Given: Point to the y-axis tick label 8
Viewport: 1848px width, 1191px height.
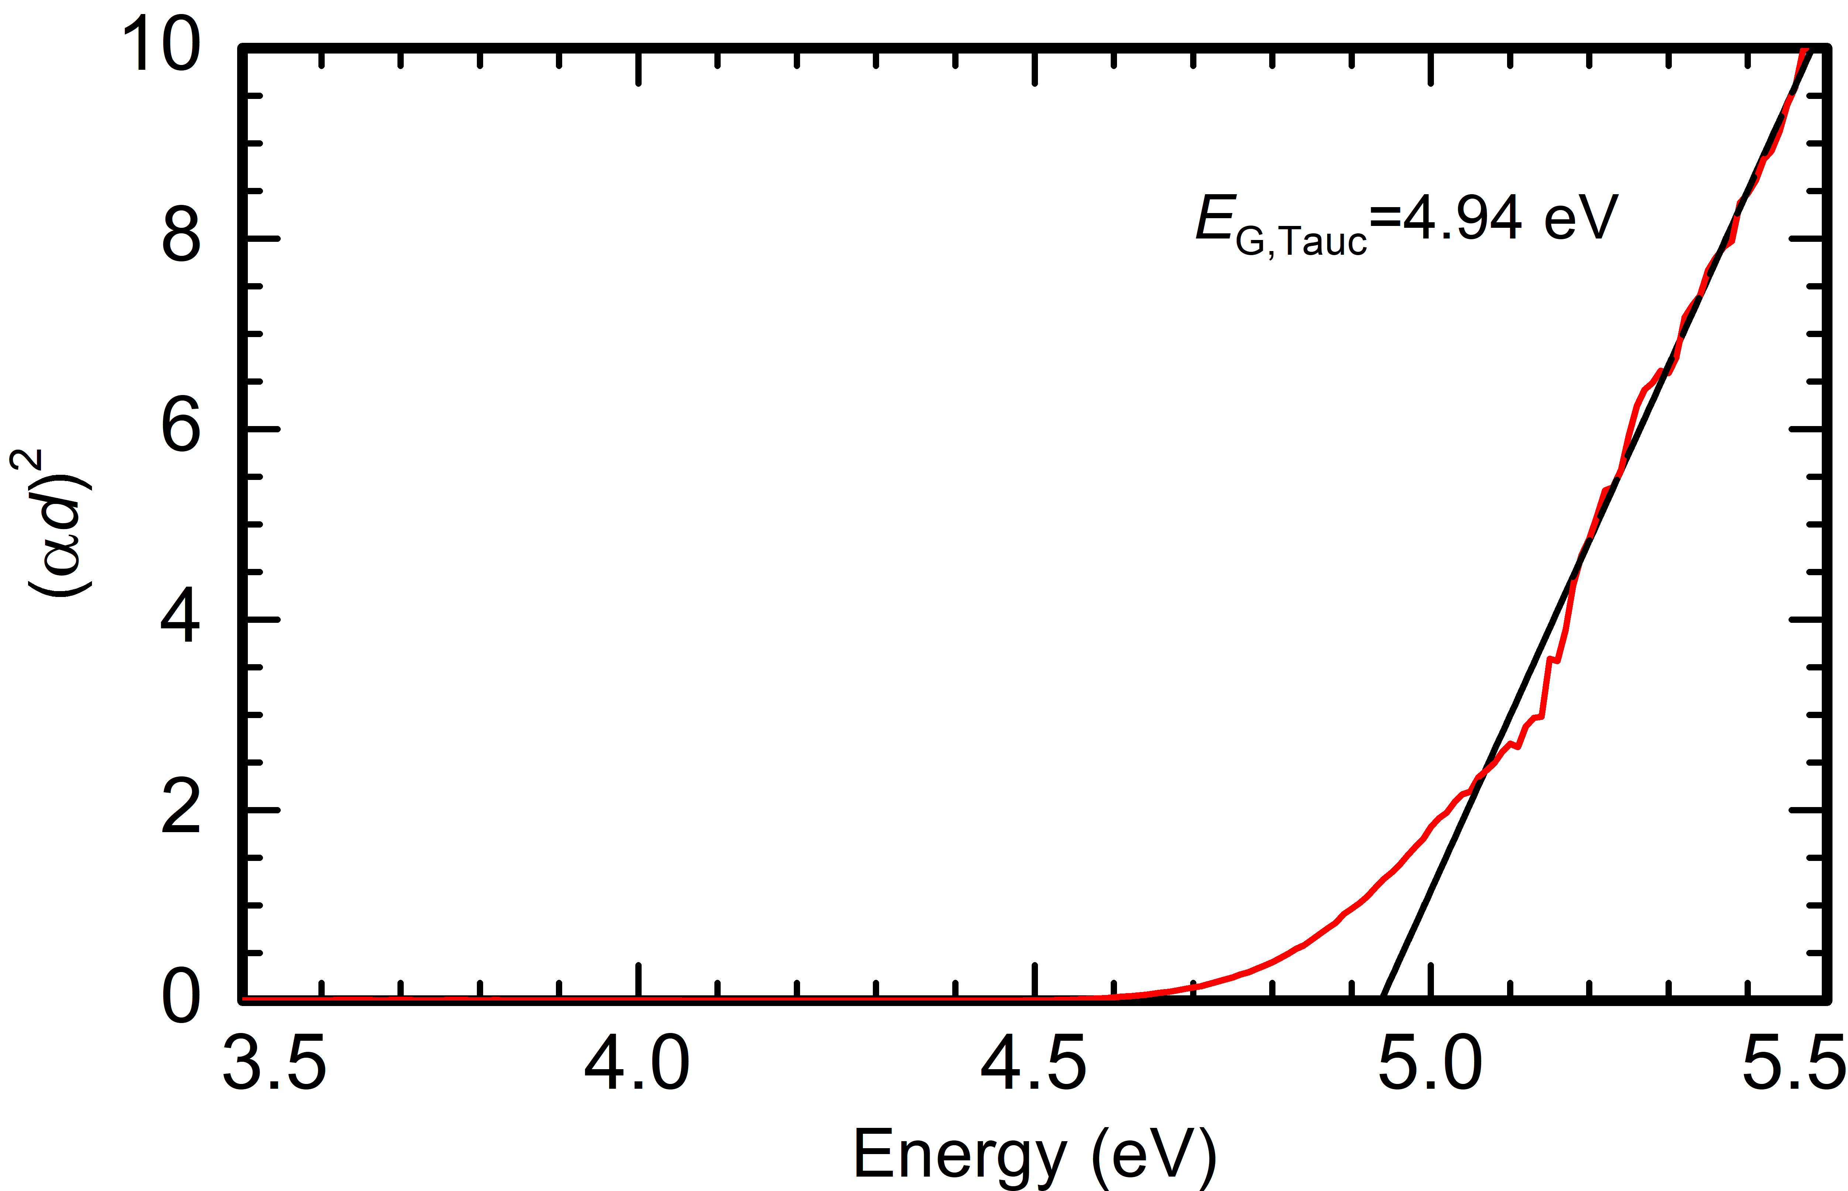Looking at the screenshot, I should pos(181,237).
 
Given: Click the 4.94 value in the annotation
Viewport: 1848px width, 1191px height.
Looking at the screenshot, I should pos(1462,219).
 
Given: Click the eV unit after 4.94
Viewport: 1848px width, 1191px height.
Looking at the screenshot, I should pos(1580,219).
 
